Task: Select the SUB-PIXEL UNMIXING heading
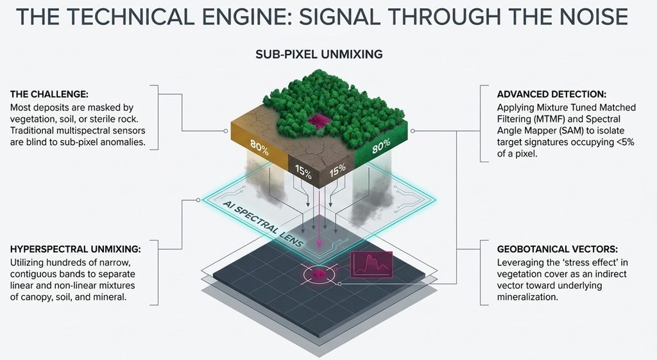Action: [x=319, y=54]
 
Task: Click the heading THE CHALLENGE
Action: [x=49, y=94]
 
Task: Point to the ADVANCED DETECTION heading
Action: [x=551, y=94]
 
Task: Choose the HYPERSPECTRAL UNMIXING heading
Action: [x=76, y=249]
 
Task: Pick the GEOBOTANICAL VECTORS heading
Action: [x=558, y=249]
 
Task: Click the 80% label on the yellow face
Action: [x=259, y=147]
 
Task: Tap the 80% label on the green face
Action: [x=381, y=146]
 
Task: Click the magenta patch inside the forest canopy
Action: [x=320, y=120]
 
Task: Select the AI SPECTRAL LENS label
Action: [x=262, y=223]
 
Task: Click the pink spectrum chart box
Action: [x=371, y=264]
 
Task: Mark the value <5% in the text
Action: [x=625, y=142]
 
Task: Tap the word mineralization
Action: [x=527, y=297]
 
